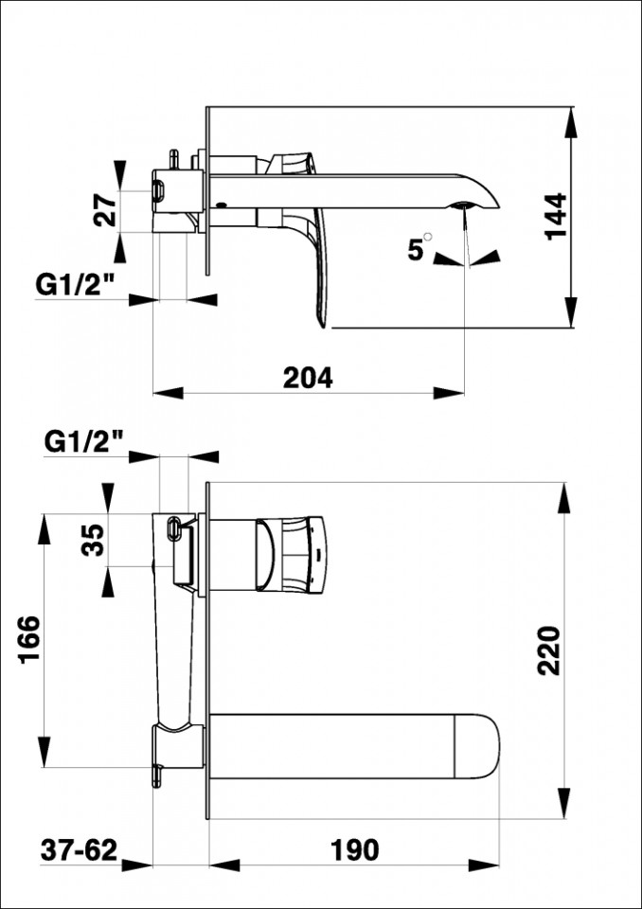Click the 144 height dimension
point(556,216)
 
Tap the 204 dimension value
point(308,379)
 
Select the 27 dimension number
point(105,210)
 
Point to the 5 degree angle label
point(419,248)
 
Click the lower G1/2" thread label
point(83,443)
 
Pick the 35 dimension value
point(93,540)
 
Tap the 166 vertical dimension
point(29,639)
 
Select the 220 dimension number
point(548,651)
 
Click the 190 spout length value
point(354,850)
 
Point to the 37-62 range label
point(79,850)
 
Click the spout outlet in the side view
point(464,205)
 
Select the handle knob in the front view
point(292,554)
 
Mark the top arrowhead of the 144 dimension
point(571,123)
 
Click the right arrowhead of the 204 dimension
point(449,393)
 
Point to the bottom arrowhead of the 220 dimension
point(563,804)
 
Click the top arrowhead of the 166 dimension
point(44,528)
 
